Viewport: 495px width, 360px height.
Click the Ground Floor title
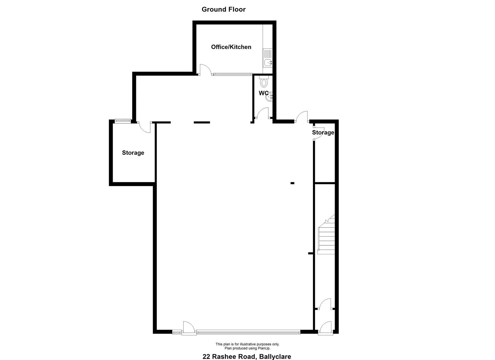[223, 9]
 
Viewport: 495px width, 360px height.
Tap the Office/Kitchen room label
[231, 47]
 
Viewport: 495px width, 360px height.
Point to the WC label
[264, 93]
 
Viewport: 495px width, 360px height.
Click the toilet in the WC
[264, 81]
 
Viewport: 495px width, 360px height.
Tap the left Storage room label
[133, 153]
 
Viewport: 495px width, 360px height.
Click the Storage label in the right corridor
[323, 132]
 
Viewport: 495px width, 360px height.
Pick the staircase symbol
[326, 234]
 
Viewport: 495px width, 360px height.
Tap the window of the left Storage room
[123, 121]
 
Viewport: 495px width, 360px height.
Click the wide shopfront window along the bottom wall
[248, 331]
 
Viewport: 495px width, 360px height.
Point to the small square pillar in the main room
[292, 183]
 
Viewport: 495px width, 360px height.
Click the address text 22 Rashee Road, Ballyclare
[247, 356]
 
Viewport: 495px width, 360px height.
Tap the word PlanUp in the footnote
[264, 348]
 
